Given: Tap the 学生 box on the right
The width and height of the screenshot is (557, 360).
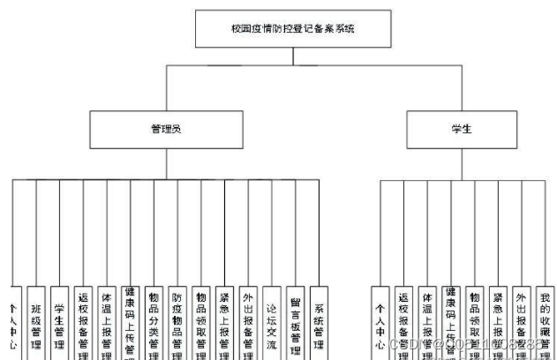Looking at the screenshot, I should coord(461,128).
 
